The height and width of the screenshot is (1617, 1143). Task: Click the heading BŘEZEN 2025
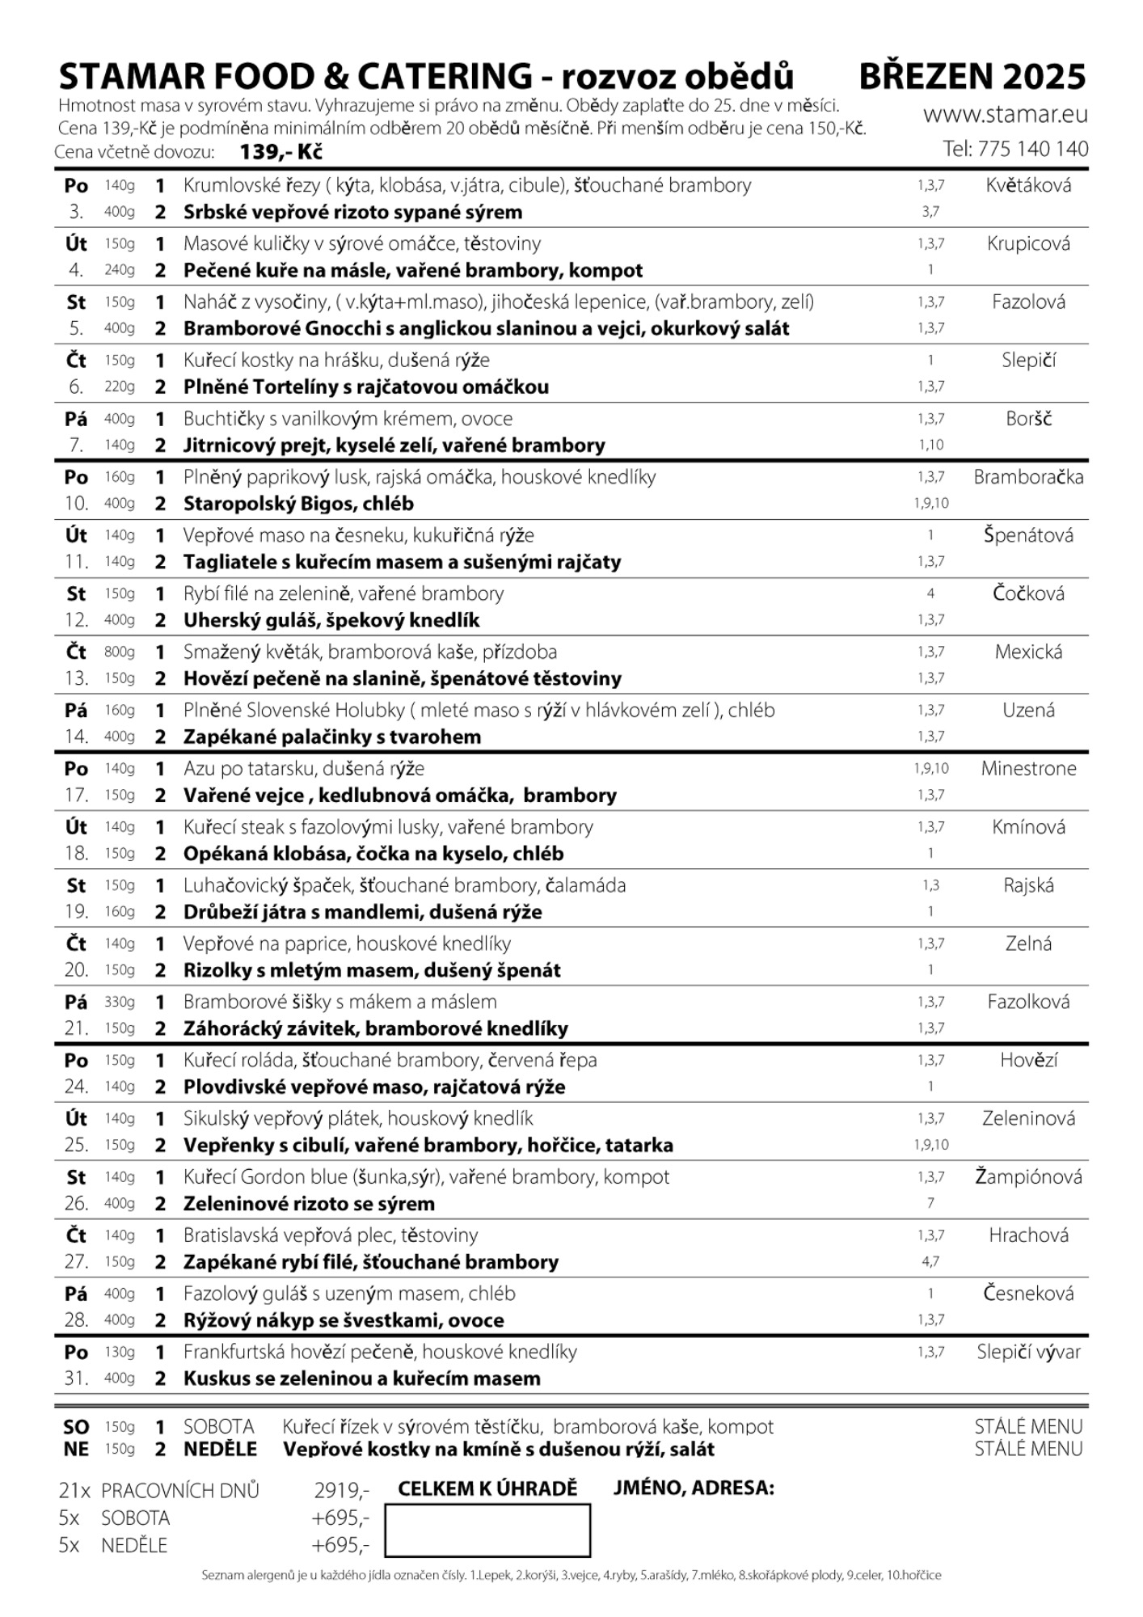click(x=972, y=77)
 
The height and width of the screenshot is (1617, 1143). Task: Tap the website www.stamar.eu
click(x=1006, y=115)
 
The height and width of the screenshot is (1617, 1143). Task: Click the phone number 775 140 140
click(x=1032, y=149)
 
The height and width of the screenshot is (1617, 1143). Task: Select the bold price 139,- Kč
click(x=281, y=152)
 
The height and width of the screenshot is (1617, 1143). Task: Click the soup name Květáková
click(x=1028, y=185)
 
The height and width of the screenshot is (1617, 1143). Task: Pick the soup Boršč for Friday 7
click(x=1028, y=419)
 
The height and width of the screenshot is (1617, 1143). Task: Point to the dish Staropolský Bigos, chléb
click(x=298, y=504)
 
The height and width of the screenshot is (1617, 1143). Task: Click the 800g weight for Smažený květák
click(x=120, y=652)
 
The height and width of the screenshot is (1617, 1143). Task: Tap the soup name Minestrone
click(x=1028, y=768)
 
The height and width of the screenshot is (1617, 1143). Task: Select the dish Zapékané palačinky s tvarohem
click(x=331, y=737)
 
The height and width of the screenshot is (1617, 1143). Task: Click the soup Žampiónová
click(x=1028, y=1176)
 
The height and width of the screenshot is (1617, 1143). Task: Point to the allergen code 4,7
click(x=930, y=1261)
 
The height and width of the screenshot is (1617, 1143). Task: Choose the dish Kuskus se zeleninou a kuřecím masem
click(x=361, y=1378)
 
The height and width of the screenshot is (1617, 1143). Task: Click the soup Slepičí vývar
click(x=1028, y=1352)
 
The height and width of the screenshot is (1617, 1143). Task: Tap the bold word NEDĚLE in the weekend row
click(x=220, y=1450)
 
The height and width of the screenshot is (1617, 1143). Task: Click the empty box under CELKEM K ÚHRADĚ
click(x=487, y=1530)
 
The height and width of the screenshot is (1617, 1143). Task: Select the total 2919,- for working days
click(x=342, y=1490)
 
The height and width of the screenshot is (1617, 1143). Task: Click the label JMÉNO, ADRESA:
click(x=694, y=1488)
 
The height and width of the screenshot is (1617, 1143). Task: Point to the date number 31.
click(x=76, y=1378)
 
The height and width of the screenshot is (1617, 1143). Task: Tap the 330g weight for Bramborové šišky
click(x=120, y=1002)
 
